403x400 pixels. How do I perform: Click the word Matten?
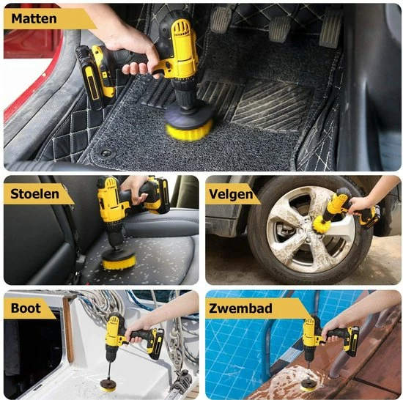coord(34,19)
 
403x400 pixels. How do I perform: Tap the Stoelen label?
coord(34,193)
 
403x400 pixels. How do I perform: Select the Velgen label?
coord(231,194)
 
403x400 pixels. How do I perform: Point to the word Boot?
coord(26,308)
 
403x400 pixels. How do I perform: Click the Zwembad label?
coord(240,308)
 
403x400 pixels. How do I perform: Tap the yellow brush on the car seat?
coord(118,263)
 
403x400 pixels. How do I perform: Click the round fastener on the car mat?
coord(106,153)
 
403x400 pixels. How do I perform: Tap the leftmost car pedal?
coord(221,20)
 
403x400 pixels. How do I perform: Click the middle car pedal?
coord(280,29)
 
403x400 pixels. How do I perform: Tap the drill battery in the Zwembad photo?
coord(352,341)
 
